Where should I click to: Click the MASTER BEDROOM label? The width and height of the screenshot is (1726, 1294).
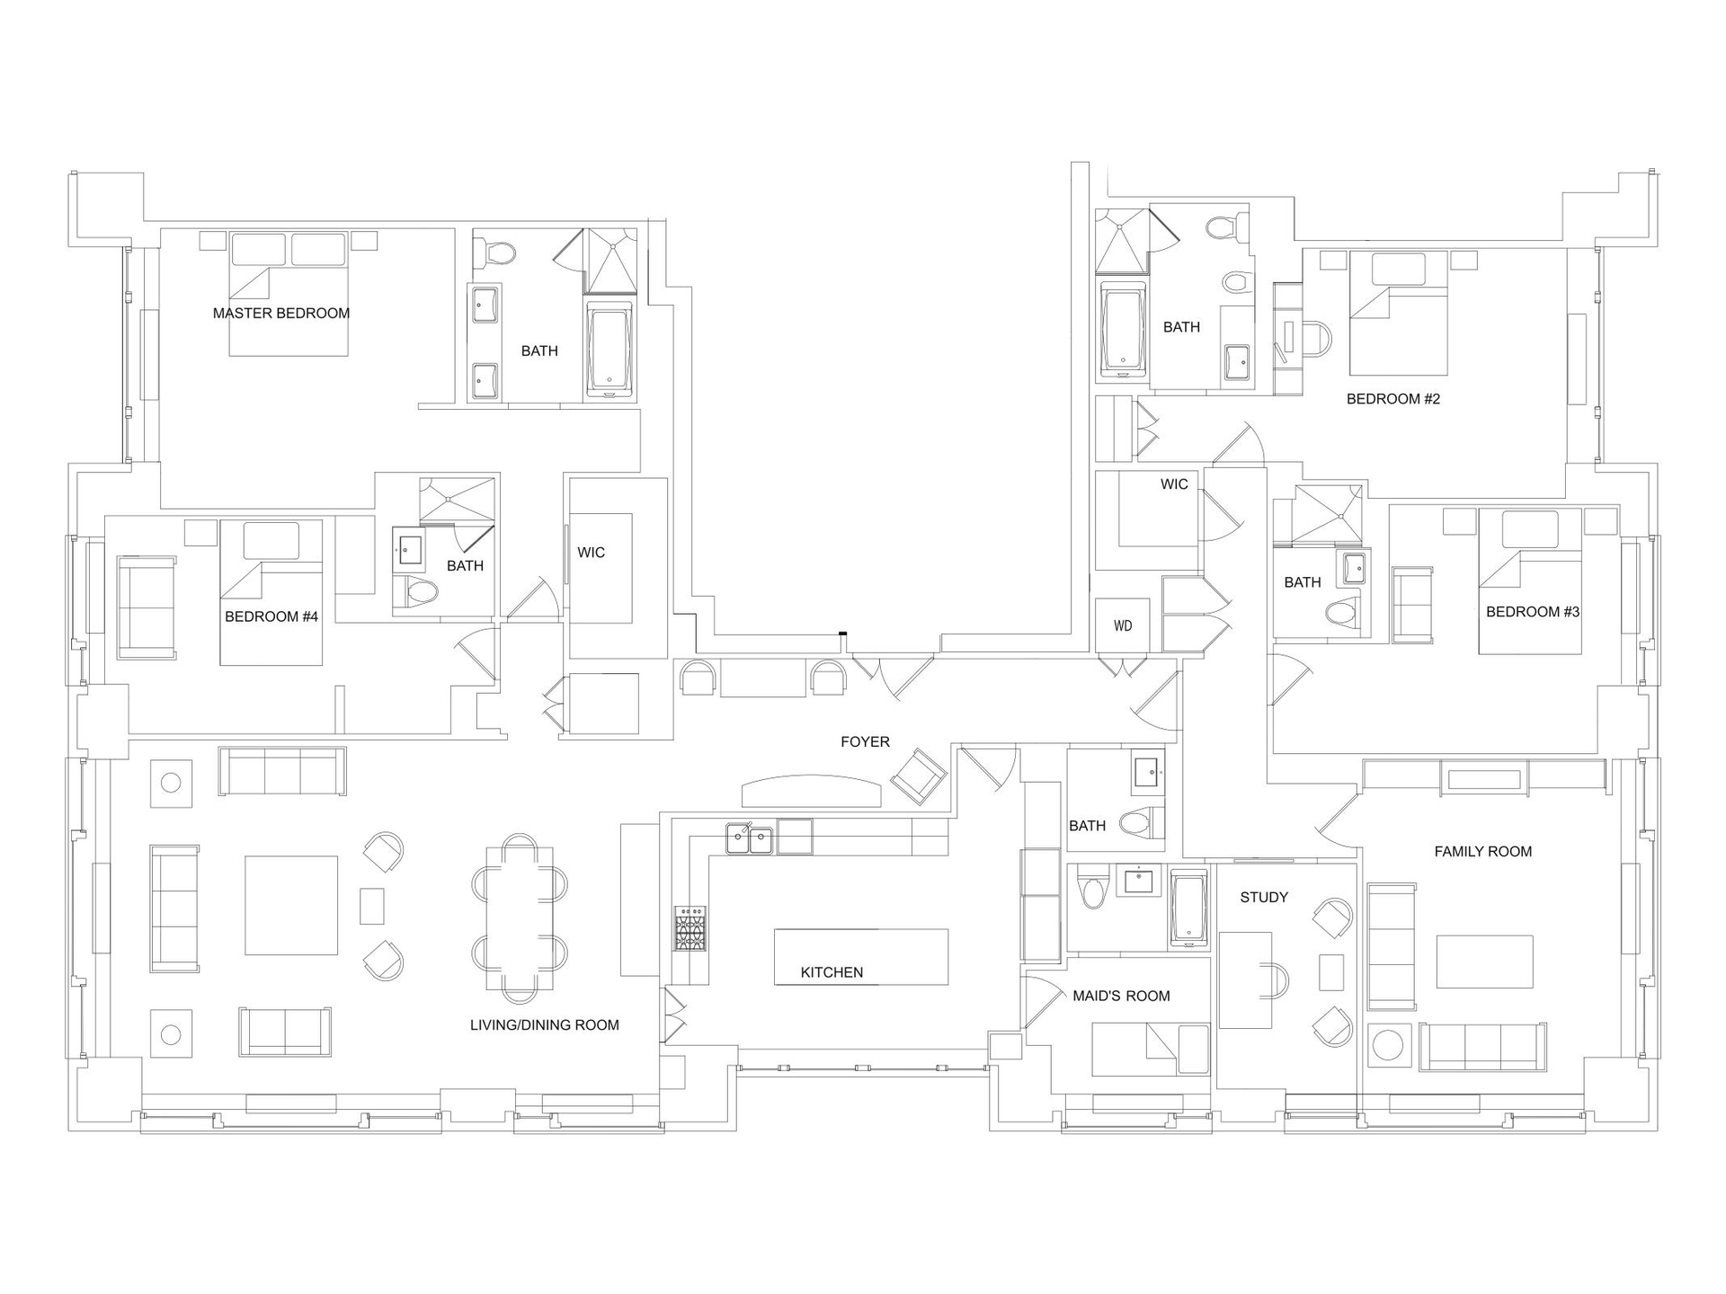(281, 314)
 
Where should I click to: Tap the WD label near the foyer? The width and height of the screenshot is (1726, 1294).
(1123, 626)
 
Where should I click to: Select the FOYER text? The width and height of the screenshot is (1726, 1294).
(865, 742)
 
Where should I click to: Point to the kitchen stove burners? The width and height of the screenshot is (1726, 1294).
(690, 928)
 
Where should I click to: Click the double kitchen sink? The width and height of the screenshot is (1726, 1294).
(750, 839)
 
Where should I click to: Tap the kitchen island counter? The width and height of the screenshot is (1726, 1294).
(861, 957)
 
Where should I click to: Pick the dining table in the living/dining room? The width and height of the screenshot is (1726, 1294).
(520, 917)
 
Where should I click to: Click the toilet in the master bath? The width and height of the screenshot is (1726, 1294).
(494, 252)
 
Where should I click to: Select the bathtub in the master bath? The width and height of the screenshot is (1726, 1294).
(610, 349)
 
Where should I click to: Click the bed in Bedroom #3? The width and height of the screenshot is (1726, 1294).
(1530, 582)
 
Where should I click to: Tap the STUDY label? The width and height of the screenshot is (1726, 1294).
(1264, 898)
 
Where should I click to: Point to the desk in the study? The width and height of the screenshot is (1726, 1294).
(1246, 980)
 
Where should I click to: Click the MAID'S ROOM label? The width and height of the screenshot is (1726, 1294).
(1121, 996)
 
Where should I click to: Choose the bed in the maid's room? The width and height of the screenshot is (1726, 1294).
(1151, 1050)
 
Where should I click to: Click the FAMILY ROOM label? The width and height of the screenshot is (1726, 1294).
(1483, 852)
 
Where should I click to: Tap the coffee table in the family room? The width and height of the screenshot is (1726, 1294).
(1484, 962)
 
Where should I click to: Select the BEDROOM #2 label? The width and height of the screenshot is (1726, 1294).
(1393, 399)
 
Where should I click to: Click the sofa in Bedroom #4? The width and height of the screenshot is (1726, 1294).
(147, 607)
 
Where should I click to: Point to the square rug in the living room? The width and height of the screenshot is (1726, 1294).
(291, 906)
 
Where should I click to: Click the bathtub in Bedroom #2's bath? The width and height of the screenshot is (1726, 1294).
(1124, 329)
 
